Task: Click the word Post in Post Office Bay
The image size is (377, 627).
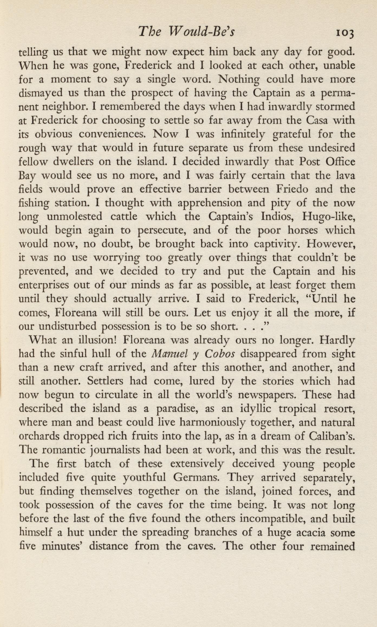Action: point(310,162)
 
